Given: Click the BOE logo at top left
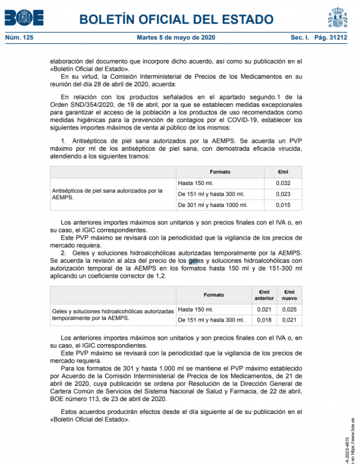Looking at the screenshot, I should [x=24, y=18].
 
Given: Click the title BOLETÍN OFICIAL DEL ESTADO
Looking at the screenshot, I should [x=176, y=20].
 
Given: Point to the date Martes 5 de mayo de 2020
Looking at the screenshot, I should [x=176, y=38].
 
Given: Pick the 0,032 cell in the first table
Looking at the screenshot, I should [x=283, y=183].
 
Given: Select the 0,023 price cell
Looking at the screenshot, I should [x=283, y=194].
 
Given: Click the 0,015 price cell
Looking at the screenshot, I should [x=283, y=205].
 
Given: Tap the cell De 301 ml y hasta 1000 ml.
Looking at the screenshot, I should [x=212, y=205].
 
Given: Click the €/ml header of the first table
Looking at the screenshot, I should [x=283, y=172].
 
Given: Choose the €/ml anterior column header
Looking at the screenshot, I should [x=263, y=295].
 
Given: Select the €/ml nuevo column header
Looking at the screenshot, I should [x=289, y=295].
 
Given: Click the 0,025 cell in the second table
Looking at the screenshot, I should [x=289, y=309].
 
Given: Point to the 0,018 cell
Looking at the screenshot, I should [x=263, y=320].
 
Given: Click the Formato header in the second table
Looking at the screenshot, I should [x=213, y=295].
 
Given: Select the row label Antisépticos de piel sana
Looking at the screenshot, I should [x=107, y=194].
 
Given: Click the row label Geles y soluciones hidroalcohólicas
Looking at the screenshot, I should [x=112, y=314].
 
